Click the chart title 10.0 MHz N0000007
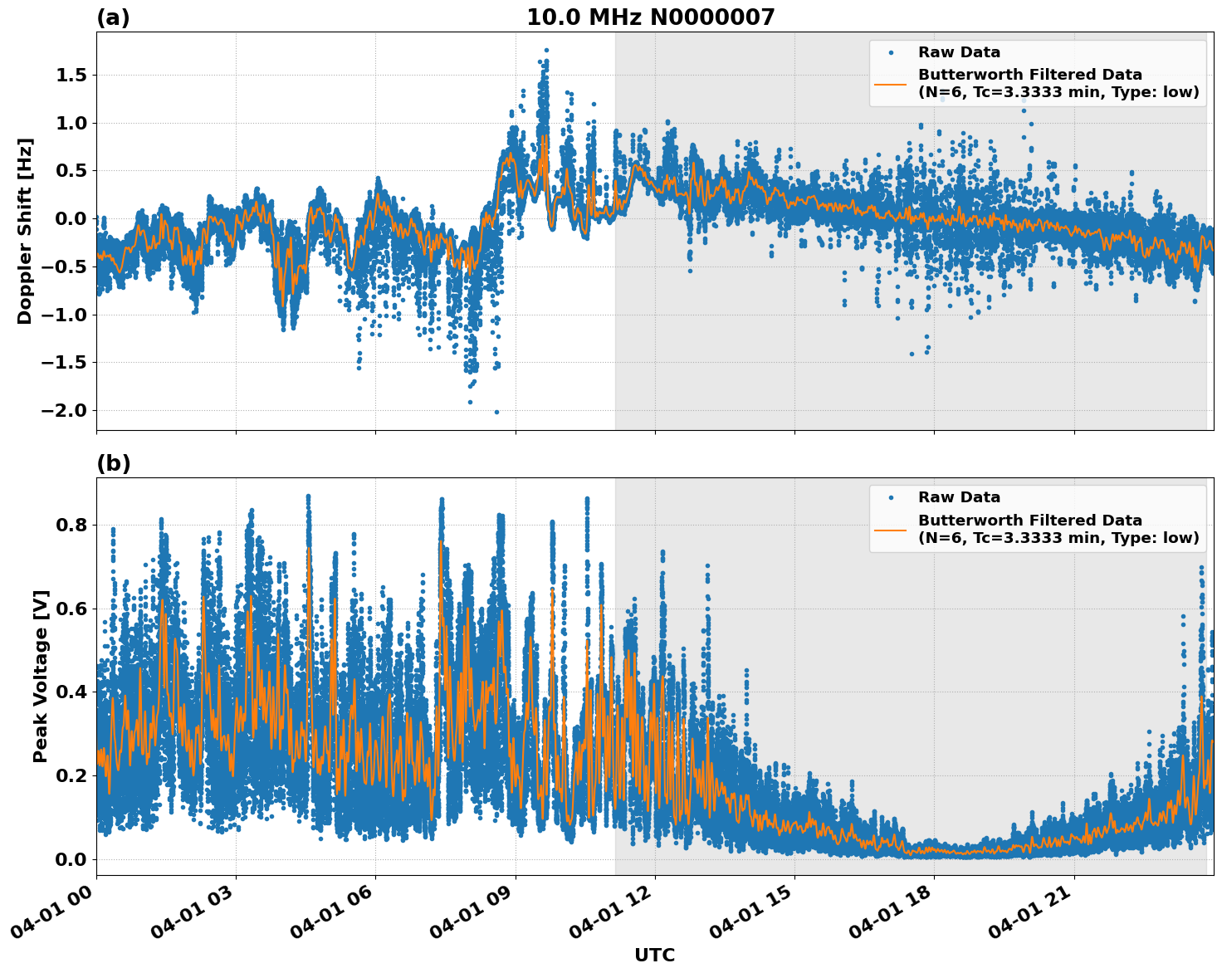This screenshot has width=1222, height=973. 650,17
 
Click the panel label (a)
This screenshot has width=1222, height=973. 113,17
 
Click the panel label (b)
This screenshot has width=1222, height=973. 113,463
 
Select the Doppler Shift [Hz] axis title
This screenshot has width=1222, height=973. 25,231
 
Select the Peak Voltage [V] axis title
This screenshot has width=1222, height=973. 41,676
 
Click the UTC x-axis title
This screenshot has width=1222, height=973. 654,955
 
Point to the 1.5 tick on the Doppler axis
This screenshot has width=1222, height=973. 71,76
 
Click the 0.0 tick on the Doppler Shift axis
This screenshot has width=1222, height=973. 71,219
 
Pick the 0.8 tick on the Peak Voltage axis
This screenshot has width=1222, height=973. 71,526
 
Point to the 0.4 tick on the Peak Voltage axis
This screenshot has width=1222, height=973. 71,692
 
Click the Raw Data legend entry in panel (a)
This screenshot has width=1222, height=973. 959,53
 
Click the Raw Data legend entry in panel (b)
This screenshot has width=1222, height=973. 959,498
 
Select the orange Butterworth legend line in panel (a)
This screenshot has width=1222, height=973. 890,84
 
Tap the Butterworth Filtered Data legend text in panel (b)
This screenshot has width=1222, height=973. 1029,521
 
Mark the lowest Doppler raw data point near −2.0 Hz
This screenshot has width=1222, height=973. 496,412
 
